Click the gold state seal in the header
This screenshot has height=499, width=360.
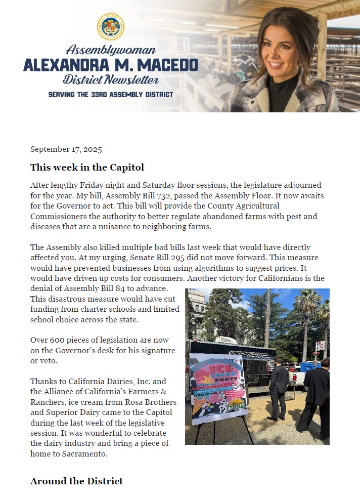111,27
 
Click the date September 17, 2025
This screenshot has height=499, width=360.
66,149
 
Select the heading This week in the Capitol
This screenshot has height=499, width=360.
87,167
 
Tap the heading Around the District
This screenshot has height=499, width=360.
76,481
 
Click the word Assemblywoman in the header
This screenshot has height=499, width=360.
111,50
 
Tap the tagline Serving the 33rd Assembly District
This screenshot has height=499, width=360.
111,95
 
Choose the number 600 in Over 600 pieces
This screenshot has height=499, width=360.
59,340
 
